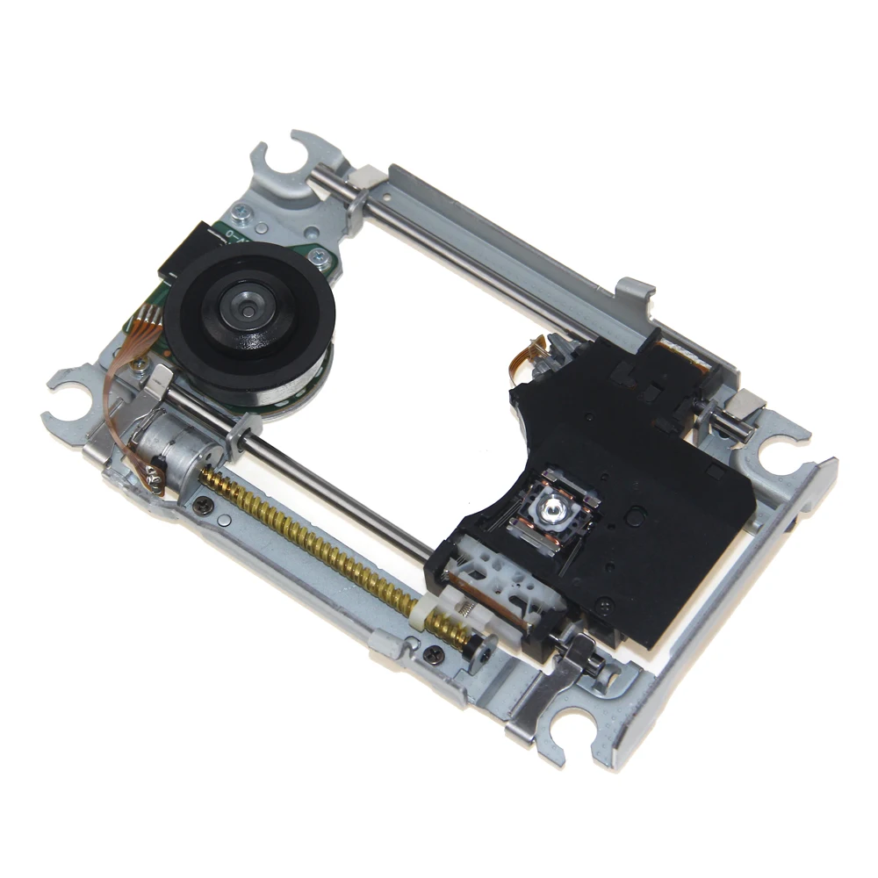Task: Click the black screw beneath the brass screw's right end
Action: tap(433, 652)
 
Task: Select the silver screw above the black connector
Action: tap(240, 213)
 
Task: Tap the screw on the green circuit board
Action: tap(321, 256)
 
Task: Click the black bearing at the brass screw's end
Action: tap(479, 650)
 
